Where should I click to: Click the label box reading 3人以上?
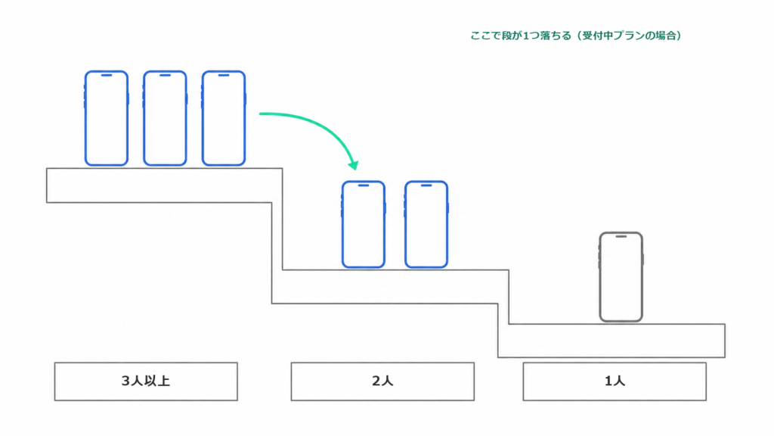146,381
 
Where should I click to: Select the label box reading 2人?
382,381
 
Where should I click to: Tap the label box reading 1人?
615,381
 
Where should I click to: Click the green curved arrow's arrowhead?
354,165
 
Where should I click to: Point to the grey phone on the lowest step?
621,277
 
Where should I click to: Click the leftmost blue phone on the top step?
106,118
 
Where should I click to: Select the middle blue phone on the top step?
165,118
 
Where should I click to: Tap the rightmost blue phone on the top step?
224,118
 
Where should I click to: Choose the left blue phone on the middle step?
364,224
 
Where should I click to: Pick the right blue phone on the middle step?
426,224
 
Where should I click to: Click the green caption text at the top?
575,36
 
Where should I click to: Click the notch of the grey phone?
621,237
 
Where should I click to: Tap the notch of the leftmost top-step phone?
106,76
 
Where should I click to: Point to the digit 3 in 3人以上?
125,381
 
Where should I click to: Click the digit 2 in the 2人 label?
376,381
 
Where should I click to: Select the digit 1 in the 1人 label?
608,381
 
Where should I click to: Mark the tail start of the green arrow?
260,114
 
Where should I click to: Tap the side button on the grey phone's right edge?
643,259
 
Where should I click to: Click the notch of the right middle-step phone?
426,185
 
